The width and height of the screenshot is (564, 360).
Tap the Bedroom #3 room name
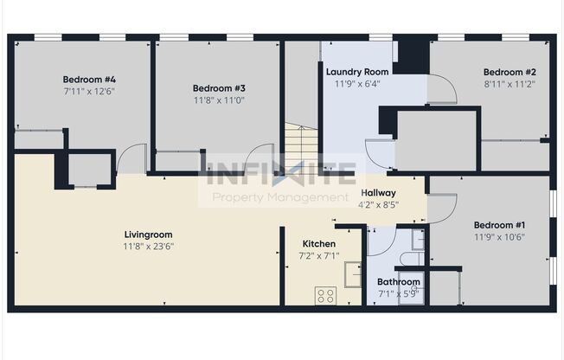pos(219,87)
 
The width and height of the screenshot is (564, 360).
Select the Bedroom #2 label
pos(510,72)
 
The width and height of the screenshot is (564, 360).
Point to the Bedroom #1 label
pos(499,223)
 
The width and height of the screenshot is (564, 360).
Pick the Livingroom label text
pos(149,234)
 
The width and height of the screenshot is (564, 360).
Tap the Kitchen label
pos(318,243)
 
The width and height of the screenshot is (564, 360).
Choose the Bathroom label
pos(398,282)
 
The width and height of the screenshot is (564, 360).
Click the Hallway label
pos(378,193)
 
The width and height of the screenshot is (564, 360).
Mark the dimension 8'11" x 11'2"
pos(510,84)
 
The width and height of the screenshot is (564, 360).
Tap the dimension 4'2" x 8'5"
pos(378,205)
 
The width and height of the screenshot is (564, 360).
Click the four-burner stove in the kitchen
pos(326,295)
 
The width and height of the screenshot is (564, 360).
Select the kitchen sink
pos(353,274)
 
